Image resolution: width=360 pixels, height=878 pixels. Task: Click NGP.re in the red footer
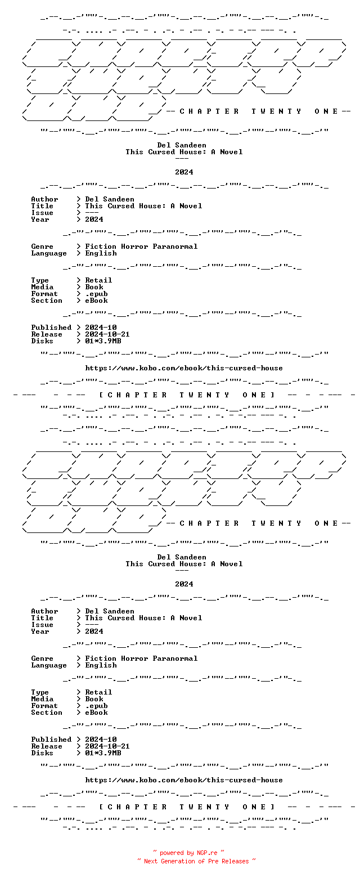tap(207, 853)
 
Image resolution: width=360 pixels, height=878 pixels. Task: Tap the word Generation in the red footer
tap(178, 861)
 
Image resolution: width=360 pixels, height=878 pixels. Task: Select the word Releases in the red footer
tap(235, 861)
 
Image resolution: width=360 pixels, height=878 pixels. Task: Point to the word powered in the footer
tap(172, 853)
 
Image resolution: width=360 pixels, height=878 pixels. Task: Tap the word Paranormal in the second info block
tap(175, 658)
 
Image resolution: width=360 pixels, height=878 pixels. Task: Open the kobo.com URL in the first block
tap(184, 368)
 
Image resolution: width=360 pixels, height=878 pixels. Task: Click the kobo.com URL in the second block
tap(184, 780)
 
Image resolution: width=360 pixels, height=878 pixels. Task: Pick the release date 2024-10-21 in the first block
tap(107, 334)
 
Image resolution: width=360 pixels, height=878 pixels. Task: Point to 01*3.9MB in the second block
tap(103, 753)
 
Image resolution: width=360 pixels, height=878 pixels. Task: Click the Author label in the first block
tap(44, 199)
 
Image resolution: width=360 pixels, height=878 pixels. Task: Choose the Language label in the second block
tap(49, 665)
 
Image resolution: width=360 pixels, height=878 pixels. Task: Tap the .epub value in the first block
tap(96, 294)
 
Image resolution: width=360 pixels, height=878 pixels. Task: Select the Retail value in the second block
tap(98, 692)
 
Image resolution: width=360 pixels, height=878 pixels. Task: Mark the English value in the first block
tap(101, 254)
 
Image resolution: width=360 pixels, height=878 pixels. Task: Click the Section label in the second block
tap(47, 713)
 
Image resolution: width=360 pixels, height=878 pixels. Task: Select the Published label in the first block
tap(51, 328)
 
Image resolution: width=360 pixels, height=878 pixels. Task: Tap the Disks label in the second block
tap(42, 753)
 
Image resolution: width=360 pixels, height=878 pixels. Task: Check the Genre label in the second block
tap(42, 658)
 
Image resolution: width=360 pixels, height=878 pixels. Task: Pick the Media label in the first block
tap(42, 287)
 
